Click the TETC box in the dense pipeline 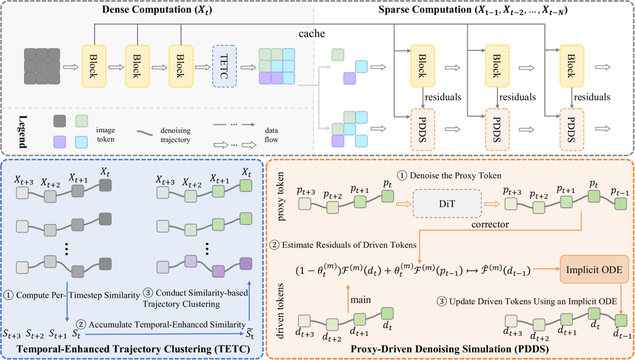[x=225, y=66]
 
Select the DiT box [x=447, y=204]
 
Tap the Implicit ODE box [x=594, y=269]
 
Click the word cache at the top [x=312, y=34]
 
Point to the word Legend [x=23, y=132]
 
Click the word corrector [x=490, y=224]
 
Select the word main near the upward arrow [x=360, y=299]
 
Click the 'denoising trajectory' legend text [x=175, y=135]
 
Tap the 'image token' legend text [x=105, y=135]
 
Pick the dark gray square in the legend [x=59, y=121]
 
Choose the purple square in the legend [x=59, y=142]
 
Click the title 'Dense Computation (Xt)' [x=157, y=9]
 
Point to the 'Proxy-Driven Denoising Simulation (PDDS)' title [x=450, y=349]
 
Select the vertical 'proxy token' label [x=280, y=196]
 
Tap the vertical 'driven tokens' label [x=280, y=311]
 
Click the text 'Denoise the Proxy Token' [x=455, y=175]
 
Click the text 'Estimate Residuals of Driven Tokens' [x=349, y=245]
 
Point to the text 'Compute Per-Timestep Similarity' [x=78, y=295]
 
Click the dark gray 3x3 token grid [x=42, y=66]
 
